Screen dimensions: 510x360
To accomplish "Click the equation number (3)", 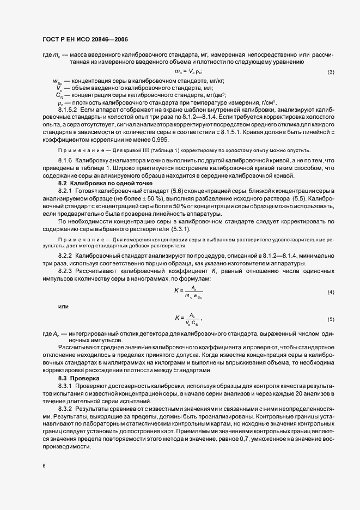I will (x=331, y=72).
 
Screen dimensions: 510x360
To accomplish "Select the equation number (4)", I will (x=331, y=293).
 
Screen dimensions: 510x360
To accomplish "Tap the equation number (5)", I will (x=331, y=319).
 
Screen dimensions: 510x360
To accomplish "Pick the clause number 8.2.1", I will (x=65, y=191).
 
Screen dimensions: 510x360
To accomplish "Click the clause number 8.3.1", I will (x=65, y=385).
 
